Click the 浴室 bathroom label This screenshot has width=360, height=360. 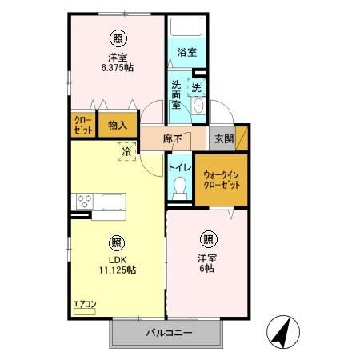[188, 54]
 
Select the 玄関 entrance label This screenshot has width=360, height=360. [224, 138]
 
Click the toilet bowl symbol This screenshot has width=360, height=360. [180, 186]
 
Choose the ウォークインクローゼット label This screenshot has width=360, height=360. [221, 178]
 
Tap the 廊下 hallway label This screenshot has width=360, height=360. [173, 138]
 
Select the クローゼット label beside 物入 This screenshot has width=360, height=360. [82, 126]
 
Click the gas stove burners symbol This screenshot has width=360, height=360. [85, 201]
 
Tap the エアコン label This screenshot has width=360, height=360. [84, 303]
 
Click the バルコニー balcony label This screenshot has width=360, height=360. [167, 333]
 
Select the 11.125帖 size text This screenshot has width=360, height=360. [117, 270]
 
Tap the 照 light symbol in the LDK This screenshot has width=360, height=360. [117, 242]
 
